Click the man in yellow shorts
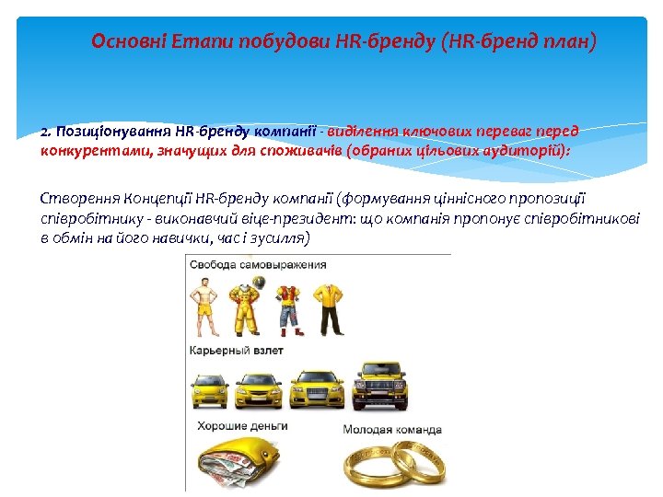coord(203,307)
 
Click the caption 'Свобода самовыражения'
coord(258,264)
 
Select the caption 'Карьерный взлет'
coord(236,350)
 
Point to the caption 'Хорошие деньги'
coord(242,426)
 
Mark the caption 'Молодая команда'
coord(392,429)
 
